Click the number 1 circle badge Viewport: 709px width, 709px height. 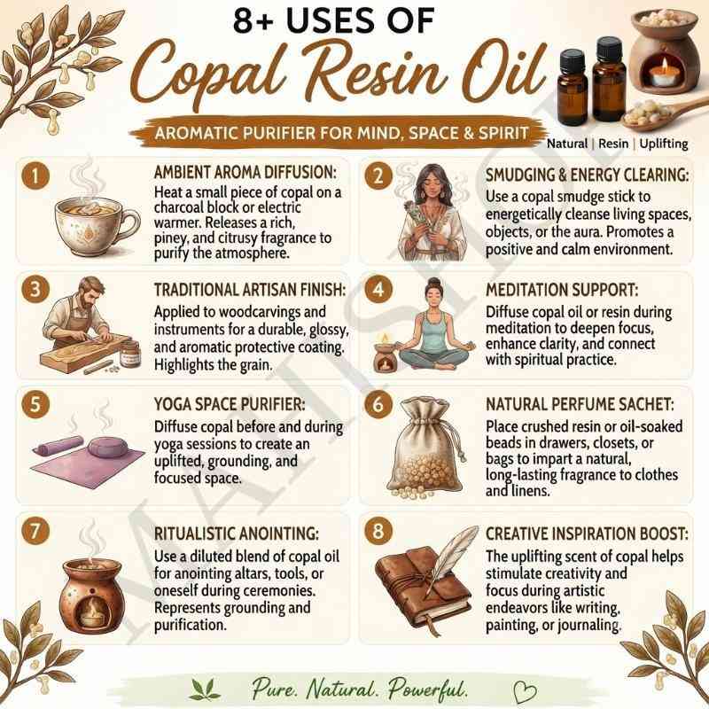pyautogui.click(x=35, y=175)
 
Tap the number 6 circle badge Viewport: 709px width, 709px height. pyautogui.click(x=378, y=404)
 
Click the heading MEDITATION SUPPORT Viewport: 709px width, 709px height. pyautogui.click(x=562, y=290)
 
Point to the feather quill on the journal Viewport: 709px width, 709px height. pyautogui.click(x=452, y=557)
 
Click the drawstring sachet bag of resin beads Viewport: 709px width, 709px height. pyautogui.click(x=425, y=448)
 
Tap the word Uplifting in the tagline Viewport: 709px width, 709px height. pyautogui.click(x=664, y=144)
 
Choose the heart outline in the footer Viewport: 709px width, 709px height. pyautogui.click(x=525, y=691)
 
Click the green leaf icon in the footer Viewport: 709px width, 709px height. pyautogui.click(x=205, y=690)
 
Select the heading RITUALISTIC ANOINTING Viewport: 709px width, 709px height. pyautogui.click(x=237, y=534)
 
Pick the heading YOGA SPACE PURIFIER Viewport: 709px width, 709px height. pyautogui.click(x=230, y=404)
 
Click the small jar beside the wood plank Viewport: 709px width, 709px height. pyautogui.click(x=129, y=354)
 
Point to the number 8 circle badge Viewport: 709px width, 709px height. pyautogui.click(x=378, y=531)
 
